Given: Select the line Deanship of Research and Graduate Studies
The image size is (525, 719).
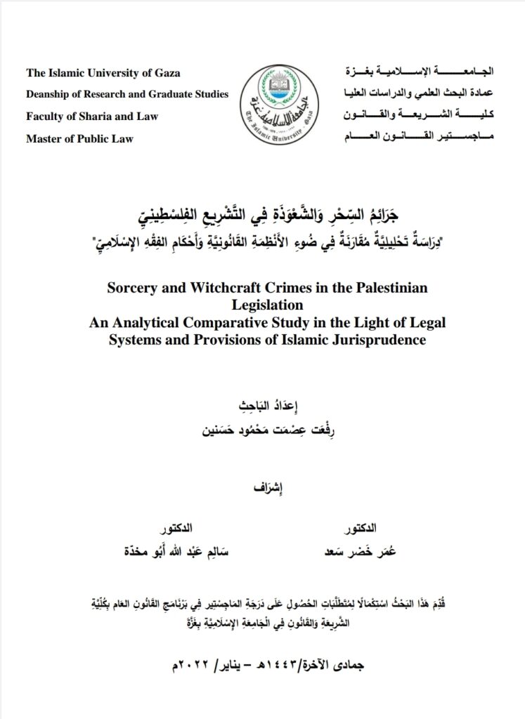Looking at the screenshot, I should point(127,95).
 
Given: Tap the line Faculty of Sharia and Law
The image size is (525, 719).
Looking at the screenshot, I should point(92,117).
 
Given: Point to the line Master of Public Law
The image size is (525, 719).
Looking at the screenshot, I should point(79,138).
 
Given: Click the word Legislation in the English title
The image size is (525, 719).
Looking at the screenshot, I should point(263,305).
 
